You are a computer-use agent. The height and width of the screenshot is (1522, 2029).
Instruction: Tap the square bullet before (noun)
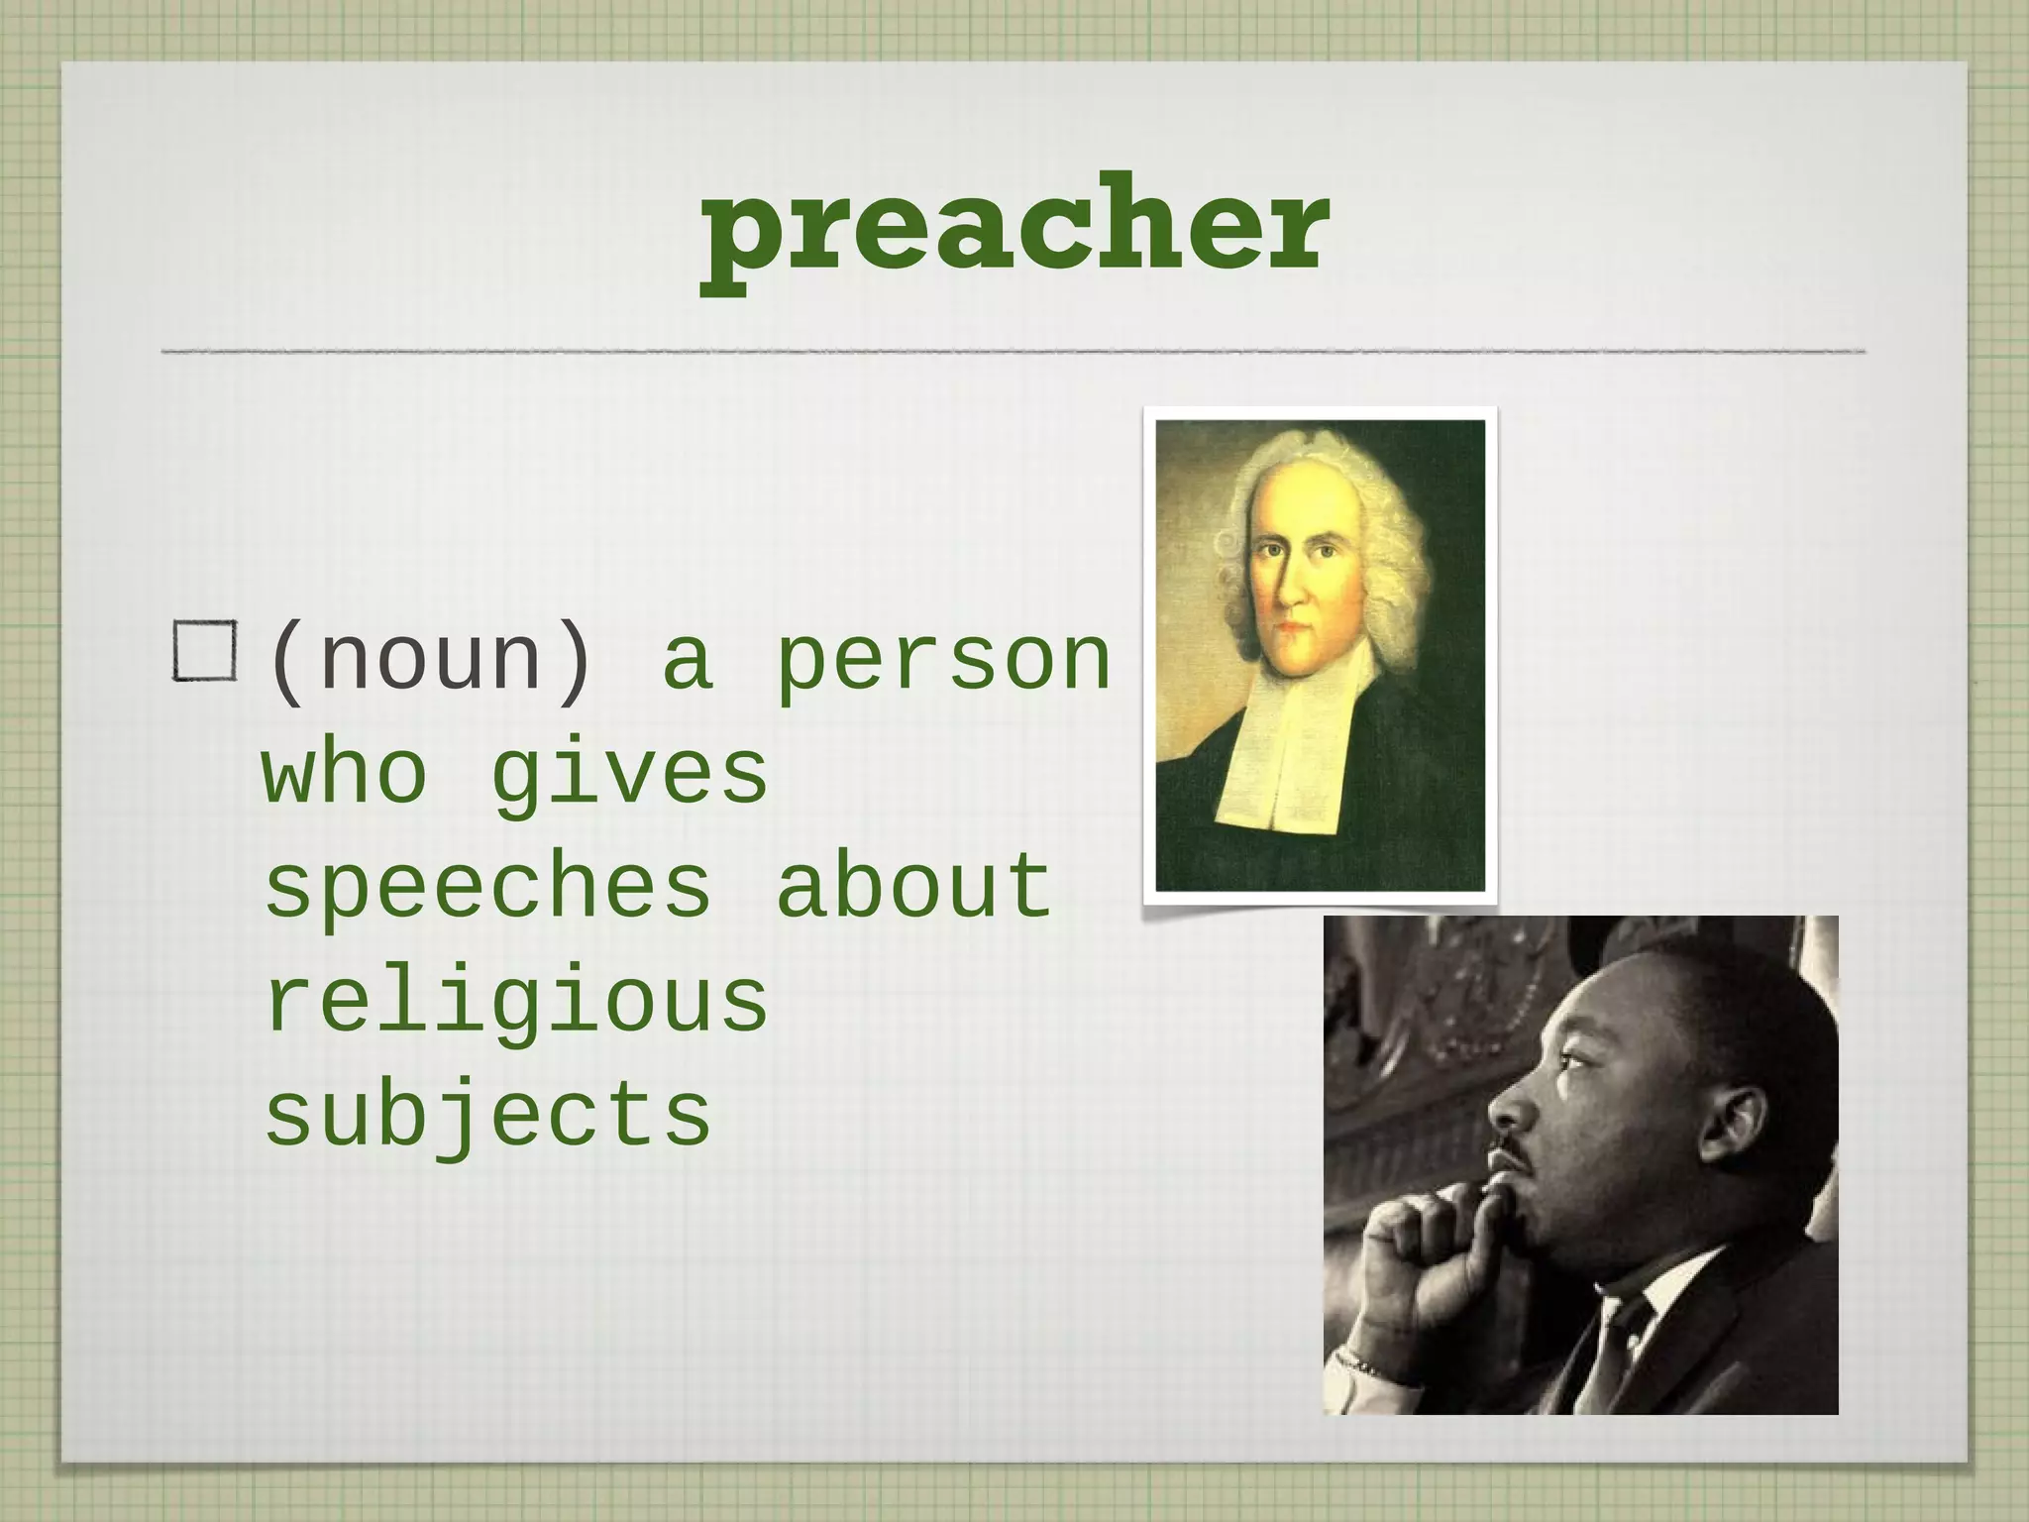point(205,651)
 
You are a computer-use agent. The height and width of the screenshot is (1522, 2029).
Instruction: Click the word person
point(942,662)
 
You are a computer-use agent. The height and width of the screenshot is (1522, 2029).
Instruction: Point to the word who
point(345,774)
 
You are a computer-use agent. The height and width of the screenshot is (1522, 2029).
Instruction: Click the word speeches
point(487,887)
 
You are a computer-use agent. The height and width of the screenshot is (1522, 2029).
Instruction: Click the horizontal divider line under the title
point(1014,351)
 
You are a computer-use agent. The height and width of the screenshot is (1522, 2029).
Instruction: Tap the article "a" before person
point(688,662)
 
